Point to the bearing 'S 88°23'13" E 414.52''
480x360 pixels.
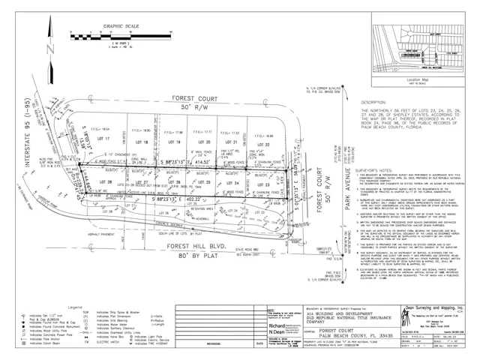182,161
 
